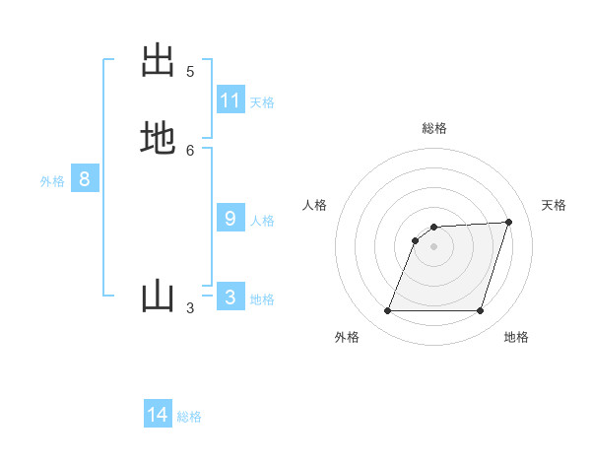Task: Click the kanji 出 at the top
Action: pos(158,61)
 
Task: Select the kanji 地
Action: pos(158,139)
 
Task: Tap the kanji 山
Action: pos(158,297)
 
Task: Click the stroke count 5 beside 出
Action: pos(190,72)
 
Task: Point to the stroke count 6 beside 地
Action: pos(190,150)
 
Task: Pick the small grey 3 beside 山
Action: pos(190,308)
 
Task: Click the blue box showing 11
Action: pos(230,100)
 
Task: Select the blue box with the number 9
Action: pos(230,219)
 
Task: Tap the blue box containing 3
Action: pos(230,298)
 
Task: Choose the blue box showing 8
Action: pos(85,179)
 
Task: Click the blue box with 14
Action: pos(158,415)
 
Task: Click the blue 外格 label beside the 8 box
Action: pos(52,181)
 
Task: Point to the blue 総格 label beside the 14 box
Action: pos(189,417)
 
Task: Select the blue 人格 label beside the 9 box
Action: pos(262,221)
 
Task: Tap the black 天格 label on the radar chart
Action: pos(554,205)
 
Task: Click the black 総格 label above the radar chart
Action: pos(434,128)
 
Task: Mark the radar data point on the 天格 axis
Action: pos(509,222)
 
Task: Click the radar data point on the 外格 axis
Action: pos(388,311)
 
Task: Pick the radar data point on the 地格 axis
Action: pos(481,311)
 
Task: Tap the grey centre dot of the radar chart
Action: pos(434,246)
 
